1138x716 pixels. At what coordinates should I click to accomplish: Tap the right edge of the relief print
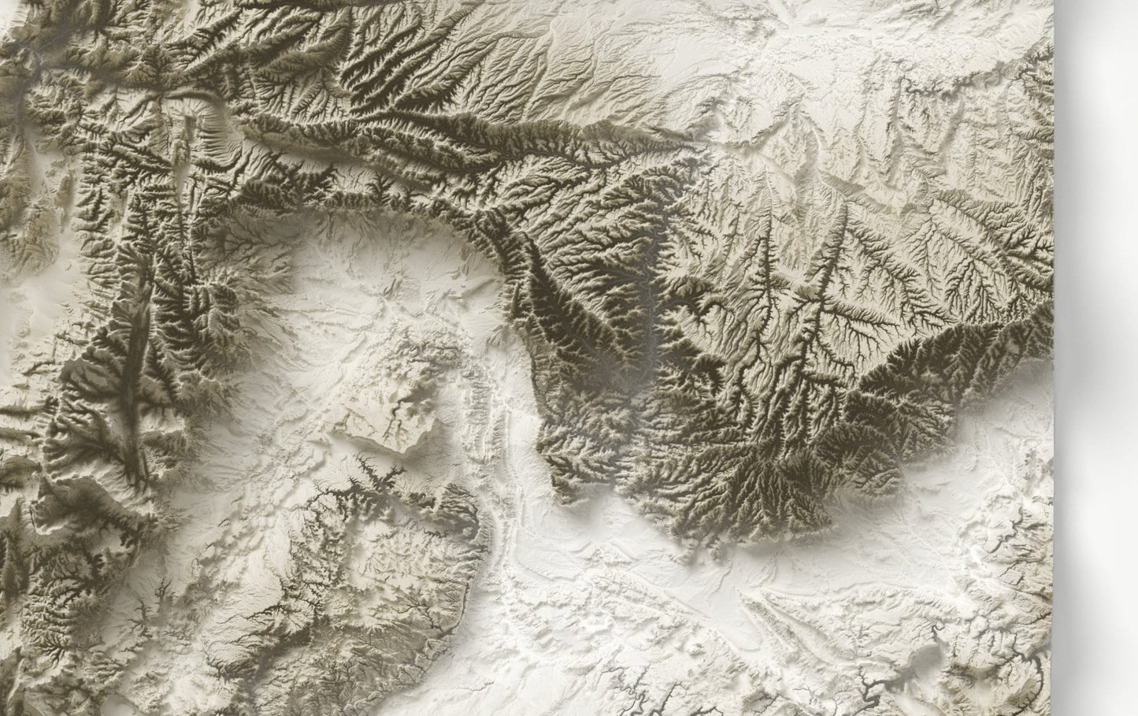tap(1053, 354)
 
